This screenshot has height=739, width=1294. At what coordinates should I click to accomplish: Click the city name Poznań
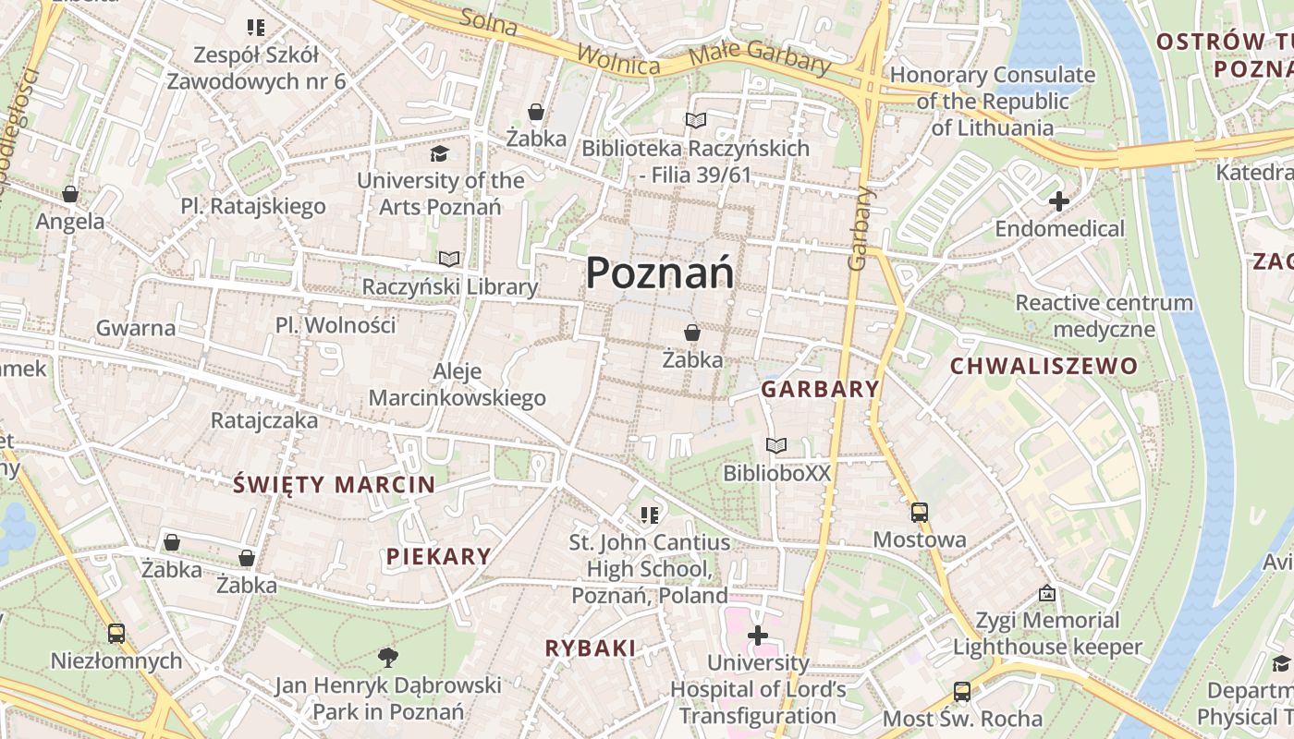(660, 273)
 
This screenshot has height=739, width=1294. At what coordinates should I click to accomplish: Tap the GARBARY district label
(820, 389)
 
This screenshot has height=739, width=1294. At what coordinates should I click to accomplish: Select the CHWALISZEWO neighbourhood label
(1044, 366)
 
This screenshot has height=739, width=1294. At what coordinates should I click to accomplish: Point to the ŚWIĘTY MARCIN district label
(334, 484)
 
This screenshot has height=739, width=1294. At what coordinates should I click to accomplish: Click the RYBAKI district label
(591, 648)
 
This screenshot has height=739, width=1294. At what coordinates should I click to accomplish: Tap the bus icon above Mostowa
(919, 513)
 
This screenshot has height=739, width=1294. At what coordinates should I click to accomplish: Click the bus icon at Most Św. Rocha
(961, 692)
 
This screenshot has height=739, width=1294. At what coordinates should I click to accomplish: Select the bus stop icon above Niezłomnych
(116, 634)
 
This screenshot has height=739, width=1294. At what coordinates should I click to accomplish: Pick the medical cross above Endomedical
(1059, 200)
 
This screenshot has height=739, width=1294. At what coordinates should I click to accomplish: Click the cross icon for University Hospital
(757, 636)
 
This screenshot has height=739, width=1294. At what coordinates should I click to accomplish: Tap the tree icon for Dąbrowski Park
(388, 658)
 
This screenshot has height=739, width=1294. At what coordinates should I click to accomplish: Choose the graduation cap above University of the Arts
(440, 153)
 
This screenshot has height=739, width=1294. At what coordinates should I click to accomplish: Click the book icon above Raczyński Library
(449, 260)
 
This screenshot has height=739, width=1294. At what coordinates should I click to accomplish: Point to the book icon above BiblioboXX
(776, 446)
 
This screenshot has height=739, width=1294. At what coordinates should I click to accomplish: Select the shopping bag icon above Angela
(70, 194)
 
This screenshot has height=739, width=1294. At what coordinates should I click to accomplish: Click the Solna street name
(487, 23)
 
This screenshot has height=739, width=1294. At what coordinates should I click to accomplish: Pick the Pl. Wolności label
(336, 325)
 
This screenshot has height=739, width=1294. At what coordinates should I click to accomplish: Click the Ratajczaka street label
(264, 420)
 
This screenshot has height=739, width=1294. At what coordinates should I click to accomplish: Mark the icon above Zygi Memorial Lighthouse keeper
(1047, 593)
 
